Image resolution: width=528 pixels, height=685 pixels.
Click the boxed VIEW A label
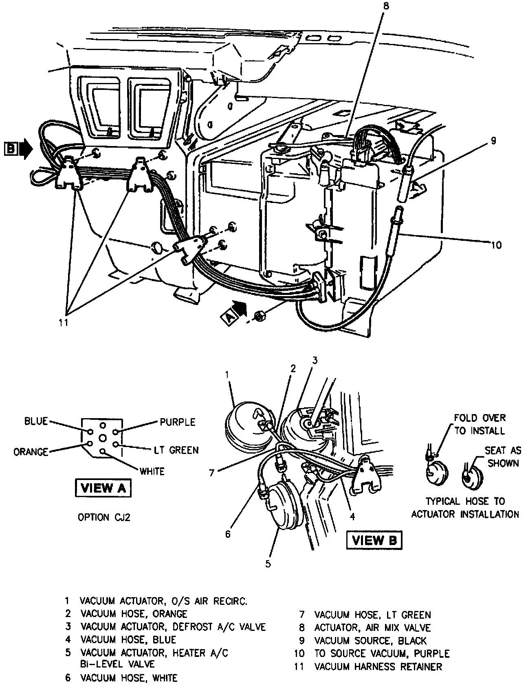click(102, 488)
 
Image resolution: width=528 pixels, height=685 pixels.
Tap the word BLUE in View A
click(36, 421)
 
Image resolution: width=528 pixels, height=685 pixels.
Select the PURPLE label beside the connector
click(177, 422)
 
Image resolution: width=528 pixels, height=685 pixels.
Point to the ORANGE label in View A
click(31, 452)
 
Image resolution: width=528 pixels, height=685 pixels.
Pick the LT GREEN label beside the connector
click(176, 450)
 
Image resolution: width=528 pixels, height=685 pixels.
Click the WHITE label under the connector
click(152, 471)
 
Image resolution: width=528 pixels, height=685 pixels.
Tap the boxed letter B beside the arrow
click(11, 149)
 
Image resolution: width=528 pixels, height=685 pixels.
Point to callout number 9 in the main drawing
click(493, 141)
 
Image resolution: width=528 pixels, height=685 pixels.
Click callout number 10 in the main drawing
click(496, 245)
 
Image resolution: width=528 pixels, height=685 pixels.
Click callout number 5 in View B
click(268, 564)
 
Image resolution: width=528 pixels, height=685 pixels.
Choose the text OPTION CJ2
click(104, 517)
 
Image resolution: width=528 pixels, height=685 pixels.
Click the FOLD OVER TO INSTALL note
click(480, 424)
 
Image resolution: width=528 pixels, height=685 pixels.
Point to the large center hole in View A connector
click(103, 438)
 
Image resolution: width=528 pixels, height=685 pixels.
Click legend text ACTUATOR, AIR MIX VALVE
click(372, 628)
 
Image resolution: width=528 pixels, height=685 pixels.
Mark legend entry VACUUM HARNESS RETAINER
click(378, 667)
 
